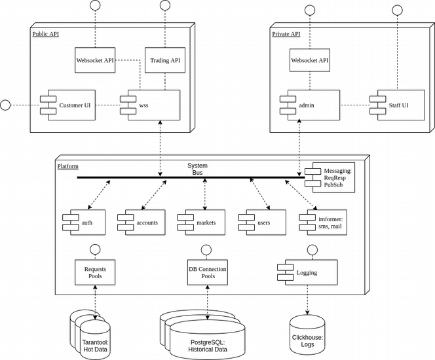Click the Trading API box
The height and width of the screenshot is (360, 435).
pos(165,60)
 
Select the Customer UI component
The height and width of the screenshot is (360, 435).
pos(67,105)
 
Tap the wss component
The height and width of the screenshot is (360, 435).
pos(150,105)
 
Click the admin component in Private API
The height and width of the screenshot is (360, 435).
pos(310,105)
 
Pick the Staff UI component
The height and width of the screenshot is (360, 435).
pos(397,105)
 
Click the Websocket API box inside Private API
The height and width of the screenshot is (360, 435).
pos(310,60)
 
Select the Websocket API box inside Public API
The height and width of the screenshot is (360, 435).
pos(95,60)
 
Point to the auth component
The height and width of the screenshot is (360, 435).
pos(84,223)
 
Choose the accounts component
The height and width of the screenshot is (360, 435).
pos(142,223)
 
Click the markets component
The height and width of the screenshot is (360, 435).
pos(201,223)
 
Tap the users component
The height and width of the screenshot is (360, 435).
pos(262,223)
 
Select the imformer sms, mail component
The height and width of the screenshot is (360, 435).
pos(323,223)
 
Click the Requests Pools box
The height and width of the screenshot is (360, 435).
pos(95,272)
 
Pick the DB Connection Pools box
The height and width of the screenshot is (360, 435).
pos(208,272)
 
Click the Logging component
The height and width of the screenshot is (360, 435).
pos(308,272)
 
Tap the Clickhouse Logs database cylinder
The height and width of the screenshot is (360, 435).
pos(307,334)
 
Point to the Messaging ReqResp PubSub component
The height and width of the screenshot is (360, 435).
pos(330,177)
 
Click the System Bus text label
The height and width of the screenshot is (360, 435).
pos(198,169)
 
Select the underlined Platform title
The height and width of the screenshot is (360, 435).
pos(68,166)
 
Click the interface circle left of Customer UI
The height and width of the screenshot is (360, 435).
pos(5,105)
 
